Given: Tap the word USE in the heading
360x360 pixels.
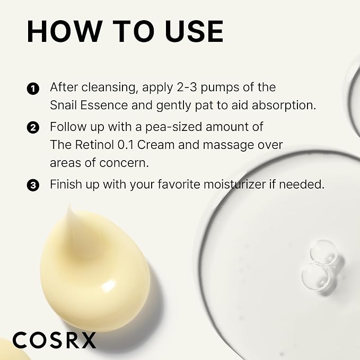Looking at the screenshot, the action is point(194,31).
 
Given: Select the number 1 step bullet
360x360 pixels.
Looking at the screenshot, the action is point(33,89).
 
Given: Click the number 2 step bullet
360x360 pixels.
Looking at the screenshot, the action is point(33,128).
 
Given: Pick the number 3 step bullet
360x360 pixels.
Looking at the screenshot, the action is point(33,185).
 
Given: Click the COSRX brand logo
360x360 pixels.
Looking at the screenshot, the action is point(55,340).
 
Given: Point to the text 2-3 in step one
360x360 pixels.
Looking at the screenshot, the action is point(187,87).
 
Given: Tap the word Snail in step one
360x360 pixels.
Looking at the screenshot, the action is point(63,105).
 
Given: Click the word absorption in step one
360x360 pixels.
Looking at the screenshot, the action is point(284,106).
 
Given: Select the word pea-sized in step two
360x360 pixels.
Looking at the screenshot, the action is point(173,127).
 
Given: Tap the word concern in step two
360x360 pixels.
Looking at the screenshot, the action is point(124,163).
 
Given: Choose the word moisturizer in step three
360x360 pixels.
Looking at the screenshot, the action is point(235,185).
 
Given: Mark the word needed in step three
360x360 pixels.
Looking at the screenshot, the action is point(302,185).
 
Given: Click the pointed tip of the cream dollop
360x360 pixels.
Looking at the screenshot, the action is point(69,207).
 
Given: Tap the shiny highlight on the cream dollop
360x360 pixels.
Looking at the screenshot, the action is point(108,286).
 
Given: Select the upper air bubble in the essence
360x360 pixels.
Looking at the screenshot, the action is point(324,252).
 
